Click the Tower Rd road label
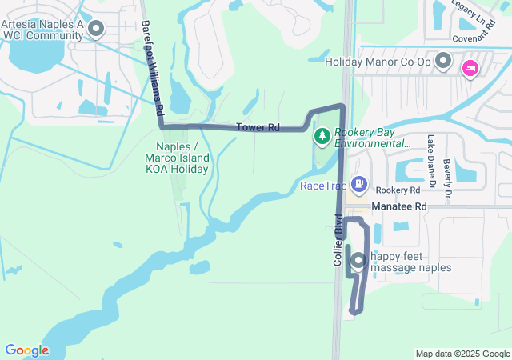[x=258, y=128]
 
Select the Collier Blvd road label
[x=338, y=239]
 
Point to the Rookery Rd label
[x=398, y=191]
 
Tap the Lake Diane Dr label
[x=430, y=165]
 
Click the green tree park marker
[x=322, y=137]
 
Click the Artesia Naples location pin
[x=97, y=30]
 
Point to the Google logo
[x=26, y=350]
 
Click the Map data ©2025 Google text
[x=462, y=354]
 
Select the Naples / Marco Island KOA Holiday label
[x=177, y=158]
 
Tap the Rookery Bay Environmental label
[x=373, y=138]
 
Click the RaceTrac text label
[x=323, y=186]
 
